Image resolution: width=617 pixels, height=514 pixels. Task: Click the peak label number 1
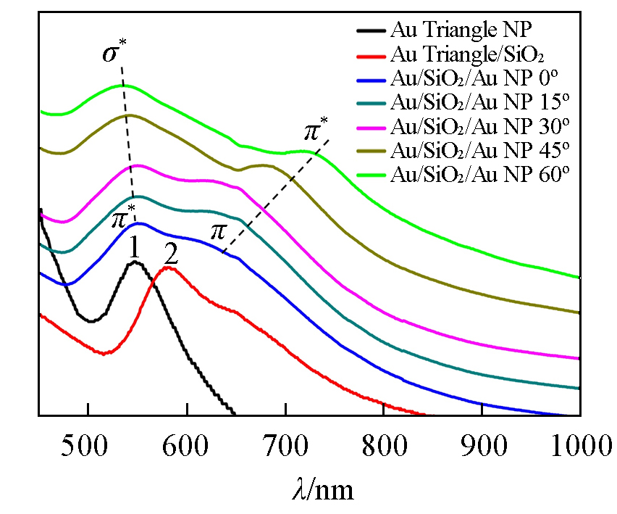(134, 249)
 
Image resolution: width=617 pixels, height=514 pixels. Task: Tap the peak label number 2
(171, 253)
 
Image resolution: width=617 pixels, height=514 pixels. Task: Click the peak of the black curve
(135, 262)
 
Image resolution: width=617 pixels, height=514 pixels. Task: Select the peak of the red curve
(169, 268)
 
